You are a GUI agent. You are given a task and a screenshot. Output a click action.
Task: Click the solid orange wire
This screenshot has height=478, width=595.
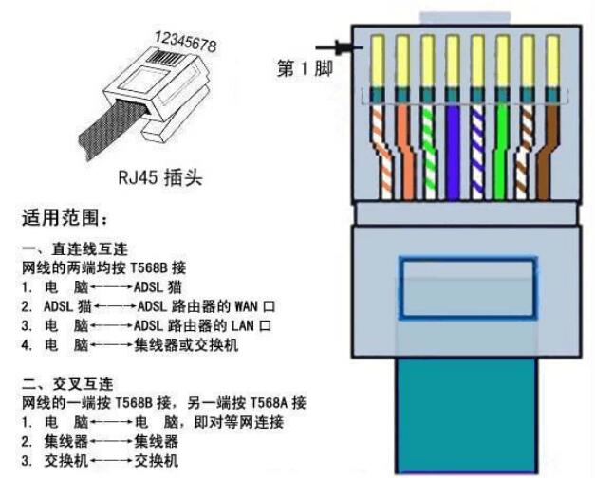click(402, 152)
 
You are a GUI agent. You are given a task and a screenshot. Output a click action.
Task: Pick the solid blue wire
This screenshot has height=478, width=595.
click(453, 152)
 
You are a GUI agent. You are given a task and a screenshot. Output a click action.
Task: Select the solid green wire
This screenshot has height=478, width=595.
click(501, 152)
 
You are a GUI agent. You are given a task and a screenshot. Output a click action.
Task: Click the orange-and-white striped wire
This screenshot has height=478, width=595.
click(379, 152)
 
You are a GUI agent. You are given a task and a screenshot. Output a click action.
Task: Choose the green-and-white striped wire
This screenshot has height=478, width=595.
click(427, 152)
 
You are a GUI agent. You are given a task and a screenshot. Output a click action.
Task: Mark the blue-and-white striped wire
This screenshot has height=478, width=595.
click(477, 152)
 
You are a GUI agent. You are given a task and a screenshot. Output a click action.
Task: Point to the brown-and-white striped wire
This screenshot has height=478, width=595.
click(527, 152)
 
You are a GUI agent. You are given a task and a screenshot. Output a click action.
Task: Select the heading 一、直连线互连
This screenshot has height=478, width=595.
click(69, 250)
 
